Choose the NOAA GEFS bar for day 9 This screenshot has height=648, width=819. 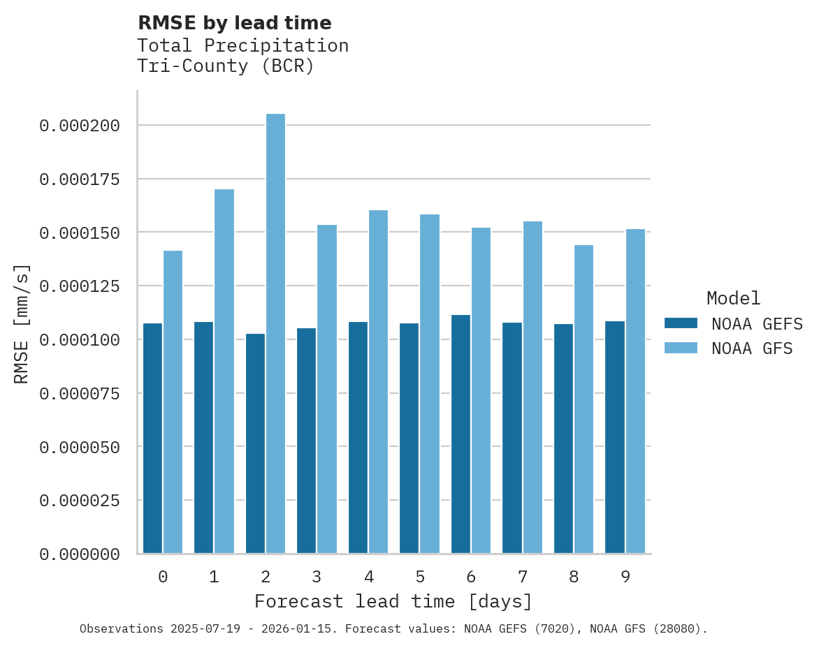615,437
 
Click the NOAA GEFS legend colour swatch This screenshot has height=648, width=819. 681,323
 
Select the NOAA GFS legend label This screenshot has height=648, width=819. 752,348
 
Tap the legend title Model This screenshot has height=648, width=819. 733,299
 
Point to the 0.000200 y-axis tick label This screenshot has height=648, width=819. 80,126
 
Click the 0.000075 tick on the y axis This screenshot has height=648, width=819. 80,394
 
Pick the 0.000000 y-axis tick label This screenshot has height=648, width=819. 80,554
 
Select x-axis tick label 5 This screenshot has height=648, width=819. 420,577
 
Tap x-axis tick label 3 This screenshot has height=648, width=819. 317,577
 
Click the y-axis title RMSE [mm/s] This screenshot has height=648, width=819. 22,323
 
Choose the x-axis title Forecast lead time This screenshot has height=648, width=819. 393,602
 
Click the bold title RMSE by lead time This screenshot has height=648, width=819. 234,23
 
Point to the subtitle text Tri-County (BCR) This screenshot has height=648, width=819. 225,66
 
